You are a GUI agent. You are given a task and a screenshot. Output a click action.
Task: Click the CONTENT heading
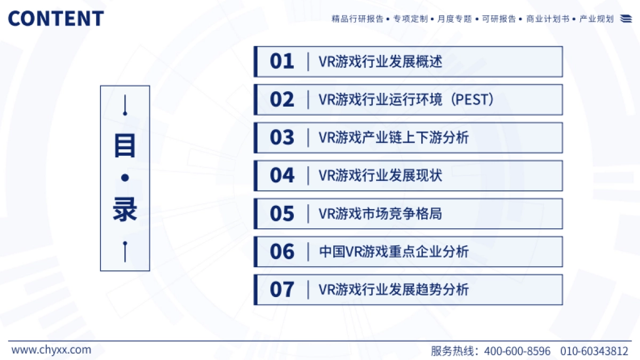click(55, 19)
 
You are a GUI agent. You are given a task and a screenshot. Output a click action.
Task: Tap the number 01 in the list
click(282, 61)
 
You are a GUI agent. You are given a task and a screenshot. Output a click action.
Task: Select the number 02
click(282, 100)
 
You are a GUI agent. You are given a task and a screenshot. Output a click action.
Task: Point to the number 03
click(282, 138)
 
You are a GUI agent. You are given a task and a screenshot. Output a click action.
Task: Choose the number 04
click(282, 175)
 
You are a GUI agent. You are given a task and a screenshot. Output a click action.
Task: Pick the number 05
click(282, 214)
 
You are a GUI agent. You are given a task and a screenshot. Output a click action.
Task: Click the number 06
click(282, 252)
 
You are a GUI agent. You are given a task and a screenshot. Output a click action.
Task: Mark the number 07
click(282, 290)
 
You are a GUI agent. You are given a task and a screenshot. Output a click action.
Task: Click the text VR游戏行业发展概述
click(380, 62)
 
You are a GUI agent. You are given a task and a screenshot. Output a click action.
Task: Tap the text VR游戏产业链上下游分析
click(394, 138)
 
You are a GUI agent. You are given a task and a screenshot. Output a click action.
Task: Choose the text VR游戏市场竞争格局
click(380, 214)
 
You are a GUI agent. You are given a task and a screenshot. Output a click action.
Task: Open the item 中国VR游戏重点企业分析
click(394, 252)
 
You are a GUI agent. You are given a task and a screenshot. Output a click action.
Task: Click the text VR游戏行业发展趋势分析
click(394, 290)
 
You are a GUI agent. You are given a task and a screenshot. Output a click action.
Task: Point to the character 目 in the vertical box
click(125, 145)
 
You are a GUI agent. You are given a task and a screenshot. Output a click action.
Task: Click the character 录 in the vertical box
click(125, 211)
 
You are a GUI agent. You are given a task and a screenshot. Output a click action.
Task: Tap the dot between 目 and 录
click(125, 178)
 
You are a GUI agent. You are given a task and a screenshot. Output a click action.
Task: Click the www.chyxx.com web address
click(51, 350)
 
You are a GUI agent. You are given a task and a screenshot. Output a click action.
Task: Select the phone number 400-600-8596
click(517, 351)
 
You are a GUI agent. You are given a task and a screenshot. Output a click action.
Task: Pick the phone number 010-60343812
click(594, 351)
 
